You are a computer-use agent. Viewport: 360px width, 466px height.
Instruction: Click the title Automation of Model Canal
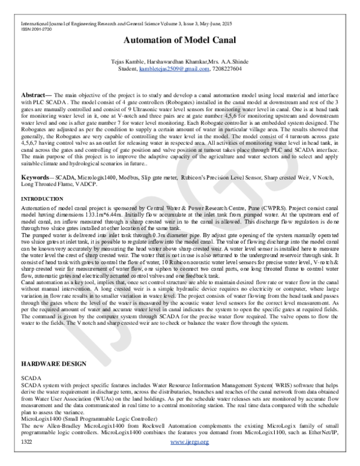(x=180, y=41)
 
